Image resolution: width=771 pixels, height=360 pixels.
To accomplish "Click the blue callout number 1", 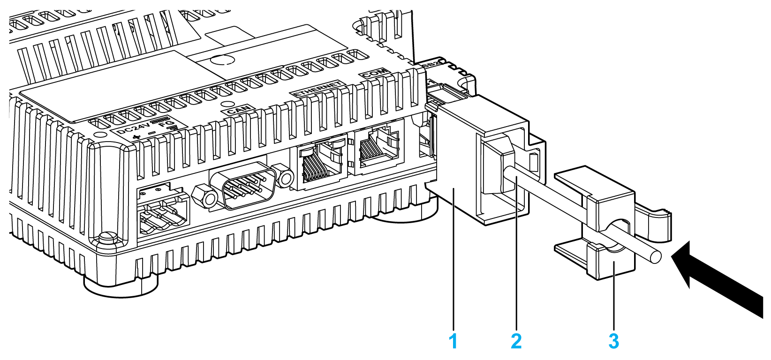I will [x=453, y=341].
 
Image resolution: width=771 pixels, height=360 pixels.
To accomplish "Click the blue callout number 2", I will [x=516, y=341].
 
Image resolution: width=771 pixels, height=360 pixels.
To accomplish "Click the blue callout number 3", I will [x=613, y=341].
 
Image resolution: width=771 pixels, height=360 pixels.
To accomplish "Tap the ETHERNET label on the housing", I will [x=317, y=89].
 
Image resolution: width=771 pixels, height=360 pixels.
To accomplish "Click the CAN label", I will [x=238, y=110].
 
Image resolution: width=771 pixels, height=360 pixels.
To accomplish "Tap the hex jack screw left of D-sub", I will [x=205, y=197].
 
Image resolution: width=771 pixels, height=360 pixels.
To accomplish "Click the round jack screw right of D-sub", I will [x=284, y=176].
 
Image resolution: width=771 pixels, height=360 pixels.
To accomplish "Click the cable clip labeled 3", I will [x=610, y=225].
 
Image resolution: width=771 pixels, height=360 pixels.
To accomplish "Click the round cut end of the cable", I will [x=655, y=256].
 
